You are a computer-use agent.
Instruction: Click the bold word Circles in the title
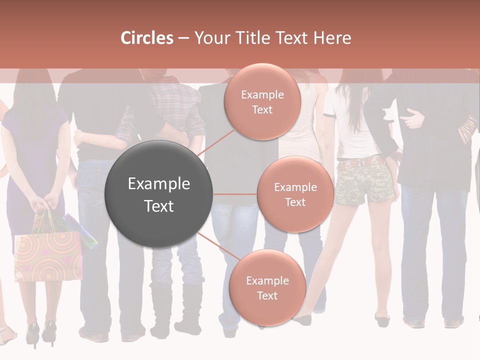click(x=147, y=38)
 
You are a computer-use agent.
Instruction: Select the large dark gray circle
click(x=159, y=194)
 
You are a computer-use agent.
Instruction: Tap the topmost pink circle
click(x=262, y=101)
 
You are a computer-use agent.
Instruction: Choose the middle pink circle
click(x=295, y=194)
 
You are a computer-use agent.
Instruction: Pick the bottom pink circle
click(x=267, y=287)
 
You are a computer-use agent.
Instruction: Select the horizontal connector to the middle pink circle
click(x=235, y=194)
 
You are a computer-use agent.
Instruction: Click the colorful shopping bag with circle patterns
click(x=48, y=255)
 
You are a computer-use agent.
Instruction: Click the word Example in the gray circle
click(x=159, y=184)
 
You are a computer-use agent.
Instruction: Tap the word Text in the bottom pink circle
click(x=267, y=295)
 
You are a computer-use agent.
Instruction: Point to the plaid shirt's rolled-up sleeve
click(x=125, y=130)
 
